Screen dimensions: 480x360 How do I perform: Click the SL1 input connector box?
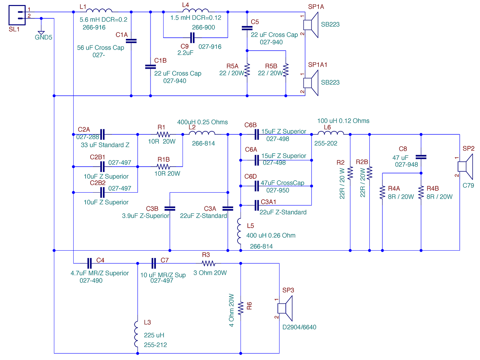tap(17, 15)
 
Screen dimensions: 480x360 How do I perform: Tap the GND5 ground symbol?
tap(41, 33)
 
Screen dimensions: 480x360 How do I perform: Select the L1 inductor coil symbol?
tap(99, 10)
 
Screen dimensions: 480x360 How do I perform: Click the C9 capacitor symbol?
tap(192, 38)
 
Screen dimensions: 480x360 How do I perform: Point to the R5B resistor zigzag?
tap(285, 70)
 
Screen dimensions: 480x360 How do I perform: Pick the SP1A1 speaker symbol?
tap(311, 83)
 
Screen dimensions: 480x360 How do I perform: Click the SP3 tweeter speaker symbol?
tap(285, 308)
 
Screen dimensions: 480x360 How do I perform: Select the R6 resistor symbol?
tap(240, 308)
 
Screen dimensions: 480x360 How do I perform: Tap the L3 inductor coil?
tap(136, 334)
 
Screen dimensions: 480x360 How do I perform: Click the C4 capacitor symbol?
tap(90, 263)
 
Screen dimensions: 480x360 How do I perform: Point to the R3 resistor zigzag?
tap(209, 263)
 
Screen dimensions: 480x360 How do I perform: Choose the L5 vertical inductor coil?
tap(239, 231)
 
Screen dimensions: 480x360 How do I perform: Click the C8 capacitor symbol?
tap(421, 157)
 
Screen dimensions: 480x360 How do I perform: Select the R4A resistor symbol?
tap(382, 192)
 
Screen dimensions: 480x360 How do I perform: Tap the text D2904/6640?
tap(299, 327)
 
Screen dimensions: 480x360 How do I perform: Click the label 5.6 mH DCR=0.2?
tap(104, 20)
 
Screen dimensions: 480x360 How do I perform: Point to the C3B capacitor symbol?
tap(170, 209)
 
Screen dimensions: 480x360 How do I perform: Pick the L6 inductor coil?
tap(331, 133)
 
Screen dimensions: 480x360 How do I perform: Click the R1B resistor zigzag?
tap(163, 167)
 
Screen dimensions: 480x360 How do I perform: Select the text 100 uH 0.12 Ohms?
tap(343, 121)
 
